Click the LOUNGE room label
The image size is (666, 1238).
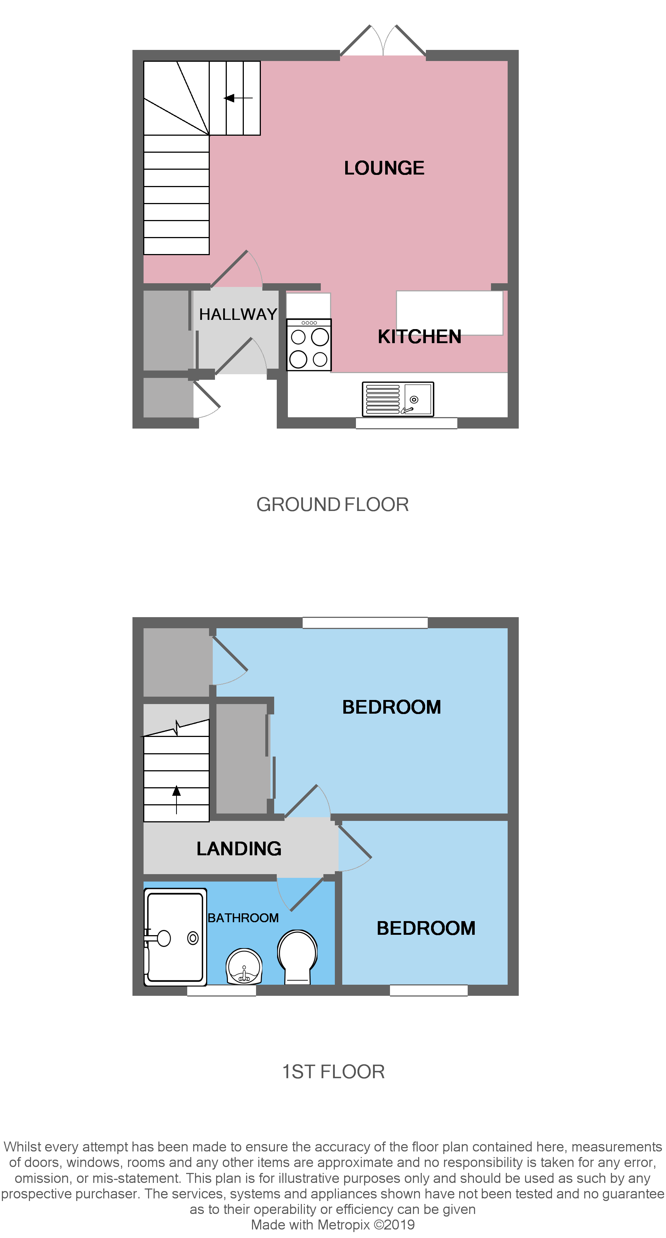click(384, 168)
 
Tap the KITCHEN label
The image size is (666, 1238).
click(419, 336)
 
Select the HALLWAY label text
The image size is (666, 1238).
click(238, 314)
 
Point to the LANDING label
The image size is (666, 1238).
click(239, 849)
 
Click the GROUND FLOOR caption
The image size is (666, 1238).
click(332, 505)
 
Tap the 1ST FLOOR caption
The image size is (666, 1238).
click(333, 1072)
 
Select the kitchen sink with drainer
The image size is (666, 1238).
click(398, 399)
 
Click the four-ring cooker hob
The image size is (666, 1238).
click(309, 345)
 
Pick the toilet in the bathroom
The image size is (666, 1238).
click(297, 956)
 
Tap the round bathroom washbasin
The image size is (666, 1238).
click(244, 966)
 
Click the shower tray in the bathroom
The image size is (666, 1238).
click(175, 937)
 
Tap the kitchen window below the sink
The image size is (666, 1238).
click(406, 423)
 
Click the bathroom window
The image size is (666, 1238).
click(221, 991)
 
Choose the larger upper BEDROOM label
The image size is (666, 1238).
click(391, 707)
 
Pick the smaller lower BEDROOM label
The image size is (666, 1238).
click(425, 928)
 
